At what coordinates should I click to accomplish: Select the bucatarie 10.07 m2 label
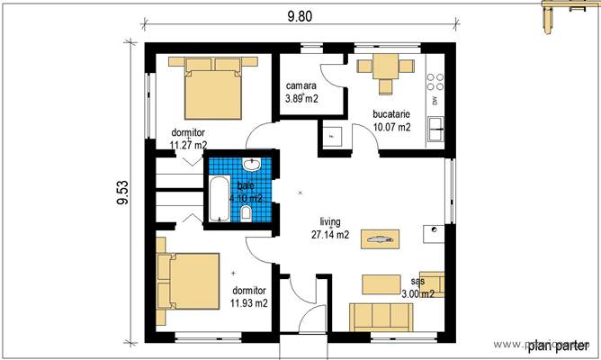(x=391, y=121)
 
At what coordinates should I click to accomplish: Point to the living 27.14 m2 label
(x=331, y=227)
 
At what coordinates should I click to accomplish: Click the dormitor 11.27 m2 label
(x=188, y=138)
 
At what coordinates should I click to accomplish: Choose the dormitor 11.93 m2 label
(x=249, y=297)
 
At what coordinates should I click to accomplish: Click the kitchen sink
(x=436, y=127)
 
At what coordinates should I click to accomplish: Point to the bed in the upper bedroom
(x=213, y=87)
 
